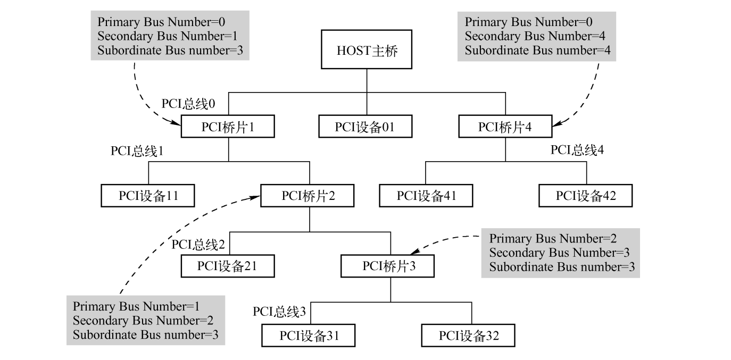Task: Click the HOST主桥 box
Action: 367,52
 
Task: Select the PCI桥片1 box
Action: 228,128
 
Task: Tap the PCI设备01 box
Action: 366,128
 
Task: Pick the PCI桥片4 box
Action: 505,128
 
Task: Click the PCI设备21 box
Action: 228,266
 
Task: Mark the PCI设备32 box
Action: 469,336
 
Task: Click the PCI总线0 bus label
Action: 189,104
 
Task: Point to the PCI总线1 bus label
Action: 136,151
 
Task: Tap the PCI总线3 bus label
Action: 279,312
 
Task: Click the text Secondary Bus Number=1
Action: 168,37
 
